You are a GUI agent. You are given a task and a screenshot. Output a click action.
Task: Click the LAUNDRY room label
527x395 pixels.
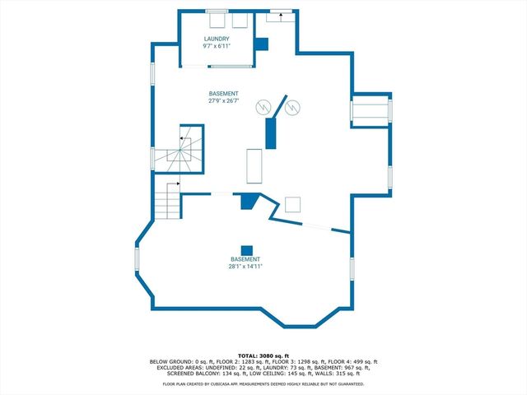(x=217, y=39)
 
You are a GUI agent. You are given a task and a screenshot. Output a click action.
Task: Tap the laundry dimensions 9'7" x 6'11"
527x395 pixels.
(x=217, y=46)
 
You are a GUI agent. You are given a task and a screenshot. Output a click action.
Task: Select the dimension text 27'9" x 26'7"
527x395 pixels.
(x=223, y=102)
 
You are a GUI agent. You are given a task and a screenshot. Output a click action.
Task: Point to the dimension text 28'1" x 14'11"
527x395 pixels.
(x=245, y=266)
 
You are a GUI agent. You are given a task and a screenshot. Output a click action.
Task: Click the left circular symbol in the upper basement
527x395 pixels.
(x=263, y=107)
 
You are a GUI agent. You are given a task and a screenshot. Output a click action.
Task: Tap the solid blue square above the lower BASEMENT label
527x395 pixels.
(x=245, y=250)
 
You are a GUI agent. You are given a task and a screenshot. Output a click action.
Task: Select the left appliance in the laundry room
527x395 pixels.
(x=218, y=20)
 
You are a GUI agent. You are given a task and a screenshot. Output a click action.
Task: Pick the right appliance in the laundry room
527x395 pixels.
(x=240, y=20)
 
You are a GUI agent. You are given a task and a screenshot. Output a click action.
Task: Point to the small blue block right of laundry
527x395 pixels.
(x=261, y=44)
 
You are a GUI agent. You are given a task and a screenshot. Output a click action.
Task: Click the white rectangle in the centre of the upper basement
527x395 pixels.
(x=253, y=166)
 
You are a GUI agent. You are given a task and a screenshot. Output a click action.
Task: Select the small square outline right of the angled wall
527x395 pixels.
(x=293, y=205)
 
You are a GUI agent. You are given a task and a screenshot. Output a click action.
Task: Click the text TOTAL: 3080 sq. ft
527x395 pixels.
(x=263, y=355)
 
